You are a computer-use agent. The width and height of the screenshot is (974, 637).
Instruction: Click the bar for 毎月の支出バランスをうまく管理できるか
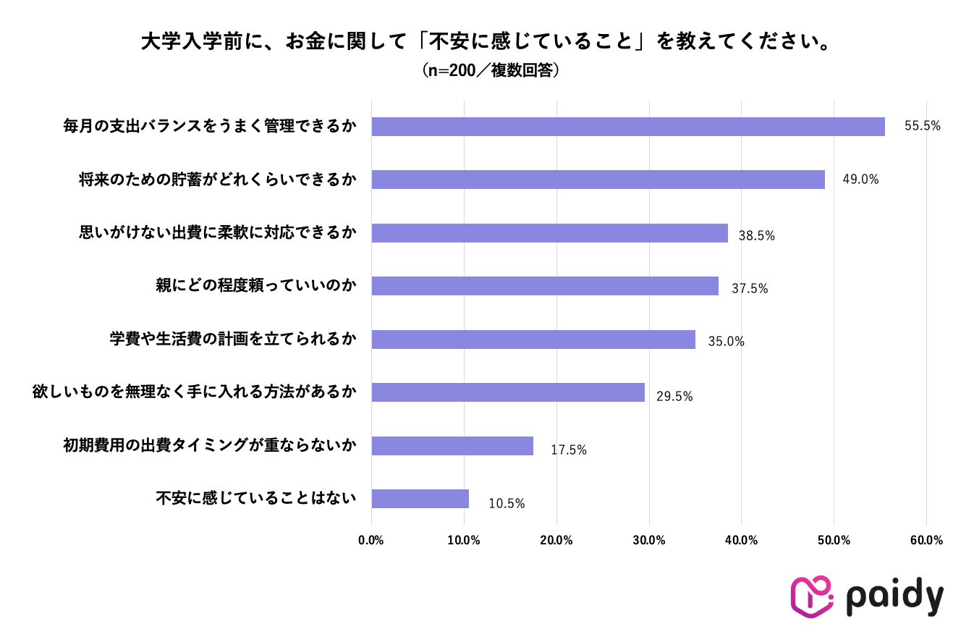pos(627,127)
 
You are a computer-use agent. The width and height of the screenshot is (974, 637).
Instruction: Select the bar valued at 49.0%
pos(598,180)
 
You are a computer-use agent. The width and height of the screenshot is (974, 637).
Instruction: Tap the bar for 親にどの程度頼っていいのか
pos(545,286)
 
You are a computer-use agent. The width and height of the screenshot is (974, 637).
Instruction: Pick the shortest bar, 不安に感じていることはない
pos(420,499)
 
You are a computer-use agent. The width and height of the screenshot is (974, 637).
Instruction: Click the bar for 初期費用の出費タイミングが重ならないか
pos(452,446)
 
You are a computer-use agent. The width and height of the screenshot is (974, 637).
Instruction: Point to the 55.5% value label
pos(922,126)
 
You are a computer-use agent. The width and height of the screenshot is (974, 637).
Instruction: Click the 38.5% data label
pos(756,235)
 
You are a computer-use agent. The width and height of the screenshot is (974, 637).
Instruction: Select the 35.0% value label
pos(725,342)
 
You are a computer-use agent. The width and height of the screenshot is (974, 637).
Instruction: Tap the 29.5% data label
pos(674,397)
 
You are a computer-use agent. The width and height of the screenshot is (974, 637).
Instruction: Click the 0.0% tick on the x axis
pos(371,541)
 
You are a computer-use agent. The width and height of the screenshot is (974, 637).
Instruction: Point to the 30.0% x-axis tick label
pos(649,541)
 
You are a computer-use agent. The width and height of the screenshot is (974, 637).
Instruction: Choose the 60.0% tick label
pos(926,541)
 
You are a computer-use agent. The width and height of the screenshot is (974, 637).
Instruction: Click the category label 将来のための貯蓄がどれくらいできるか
pos(218,180)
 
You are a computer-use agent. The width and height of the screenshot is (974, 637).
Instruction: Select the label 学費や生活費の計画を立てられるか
pos(233,339)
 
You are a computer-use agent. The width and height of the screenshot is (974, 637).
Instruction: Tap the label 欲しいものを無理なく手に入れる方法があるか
pos(195,392)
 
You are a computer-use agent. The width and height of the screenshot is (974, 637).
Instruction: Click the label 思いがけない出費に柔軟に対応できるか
pos(218,233)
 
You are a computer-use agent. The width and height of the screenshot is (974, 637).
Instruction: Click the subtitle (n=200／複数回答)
pos(486,71)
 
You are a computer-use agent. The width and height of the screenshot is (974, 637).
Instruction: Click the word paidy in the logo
pos(894,598)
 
